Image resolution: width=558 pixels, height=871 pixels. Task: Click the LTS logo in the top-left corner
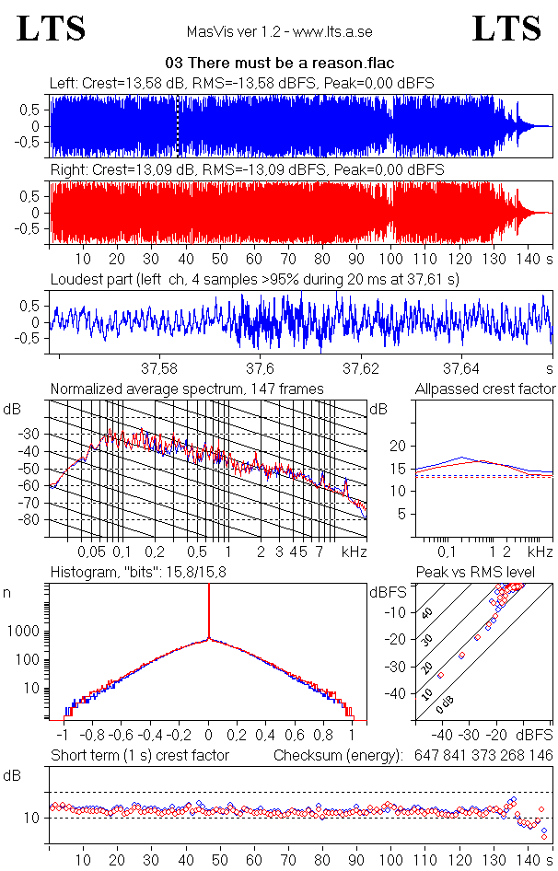coord(52,29)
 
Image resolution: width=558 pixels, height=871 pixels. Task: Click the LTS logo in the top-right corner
coord(506,29)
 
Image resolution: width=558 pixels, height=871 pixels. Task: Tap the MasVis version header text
coord(279,32)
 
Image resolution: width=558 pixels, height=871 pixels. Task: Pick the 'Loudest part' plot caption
coord(254,278)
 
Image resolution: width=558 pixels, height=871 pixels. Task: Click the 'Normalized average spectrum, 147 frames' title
coord(187,389)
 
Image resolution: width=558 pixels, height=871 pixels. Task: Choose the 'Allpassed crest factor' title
coord(485,389)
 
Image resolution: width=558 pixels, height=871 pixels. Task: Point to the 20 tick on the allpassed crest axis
coord(399,446)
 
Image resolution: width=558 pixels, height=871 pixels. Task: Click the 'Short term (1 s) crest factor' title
coord(140,755)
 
